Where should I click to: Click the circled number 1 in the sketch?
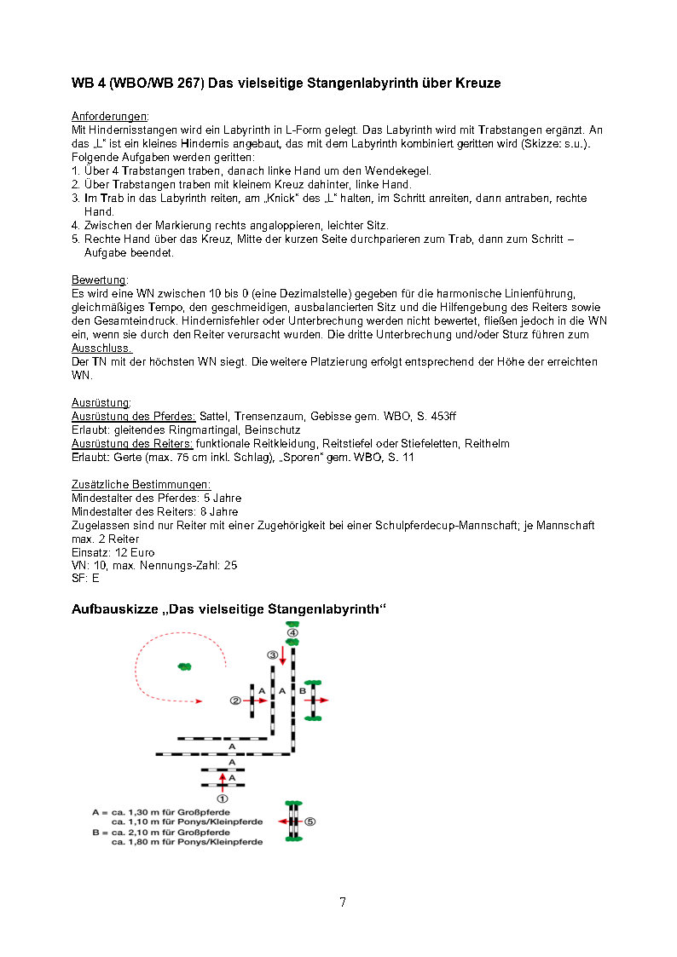coord(223,798)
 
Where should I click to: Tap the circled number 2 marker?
coord(236,700)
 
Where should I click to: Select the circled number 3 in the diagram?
coord(273,654)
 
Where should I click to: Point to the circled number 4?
coord(292,633)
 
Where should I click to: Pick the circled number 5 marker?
coord(310,822)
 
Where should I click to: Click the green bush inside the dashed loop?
coord(184,666)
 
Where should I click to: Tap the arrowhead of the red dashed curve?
coord(199,701)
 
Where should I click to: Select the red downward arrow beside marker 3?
coord(282,655)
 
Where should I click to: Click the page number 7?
coord(343,902)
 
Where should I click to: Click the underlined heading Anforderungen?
coord(110,116)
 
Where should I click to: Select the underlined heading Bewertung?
coord(100,280)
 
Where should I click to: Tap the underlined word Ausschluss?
coord(101,348)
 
